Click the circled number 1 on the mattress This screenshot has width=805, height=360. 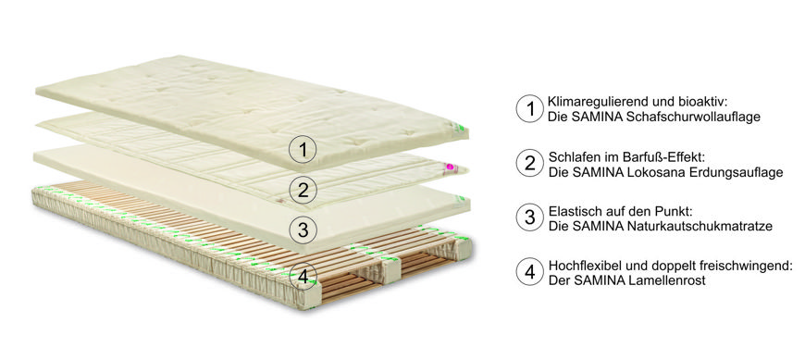pos(303,149)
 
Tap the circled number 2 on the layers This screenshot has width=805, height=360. pos(303,190)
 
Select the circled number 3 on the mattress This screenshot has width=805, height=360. pos(303,230)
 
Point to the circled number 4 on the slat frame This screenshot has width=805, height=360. pos(303,277)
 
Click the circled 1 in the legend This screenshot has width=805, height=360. pos(529,109)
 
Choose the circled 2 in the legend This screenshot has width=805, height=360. pos(529,163)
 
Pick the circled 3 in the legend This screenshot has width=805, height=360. pos(529,217)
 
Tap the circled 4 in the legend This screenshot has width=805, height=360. pos(529,271)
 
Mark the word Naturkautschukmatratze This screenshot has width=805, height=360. pos(700,226)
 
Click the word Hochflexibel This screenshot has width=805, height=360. pos(579,266)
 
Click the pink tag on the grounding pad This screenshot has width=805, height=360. pos(452,167)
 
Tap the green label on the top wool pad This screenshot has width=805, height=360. pos(461,127)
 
